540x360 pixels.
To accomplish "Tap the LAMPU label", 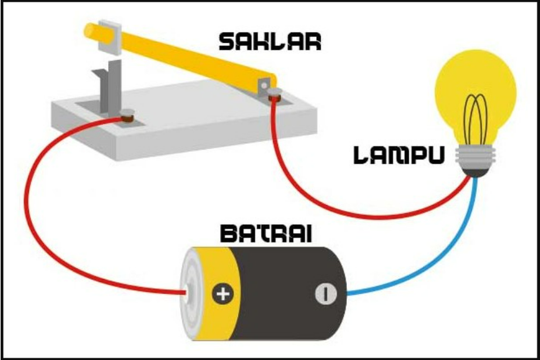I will point(398,156).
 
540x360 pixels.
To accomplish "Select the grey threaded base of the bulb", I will point(475,156).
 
